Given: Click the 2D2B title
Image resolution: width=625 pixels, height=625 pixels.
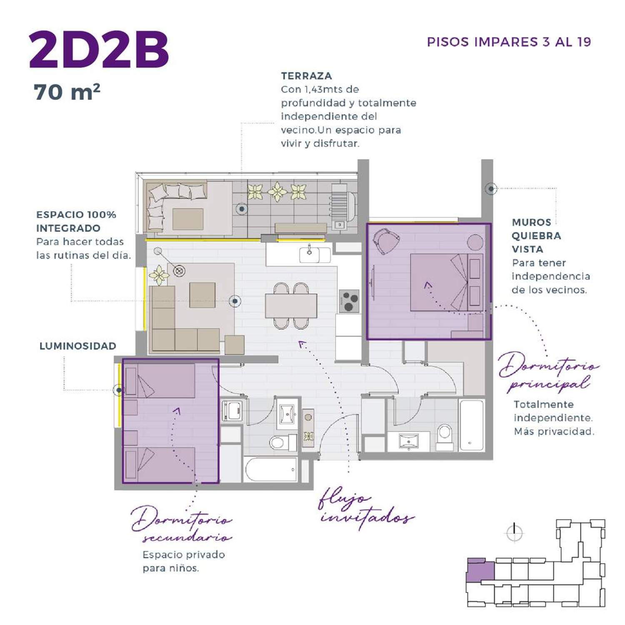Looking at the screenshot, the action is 99,50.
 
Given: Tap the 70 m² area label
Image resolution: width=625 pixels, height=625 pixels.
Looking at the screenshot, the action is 67,92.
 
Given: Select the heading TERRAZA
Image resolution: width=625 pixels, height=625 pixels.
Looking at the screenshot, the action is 306,76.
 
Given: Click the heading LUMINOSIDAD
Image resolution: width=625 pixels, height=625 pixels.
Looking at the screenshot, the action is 78,346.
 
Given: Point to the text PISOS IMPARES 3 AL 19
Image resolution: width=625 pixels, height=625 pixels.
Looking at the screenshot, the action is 509,42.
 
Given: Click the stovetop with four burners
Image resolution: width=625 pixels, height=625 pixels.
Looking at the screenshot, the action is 349,301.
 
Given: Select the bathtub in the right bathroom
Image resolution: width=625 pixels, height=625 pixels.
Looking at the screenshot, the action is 472,425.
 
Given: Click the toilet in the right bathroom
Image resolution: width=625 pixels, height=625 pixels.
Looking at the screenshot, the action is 445,436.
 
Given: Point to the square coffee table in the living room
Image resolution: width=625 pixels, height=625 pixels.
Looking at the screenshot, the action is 202,295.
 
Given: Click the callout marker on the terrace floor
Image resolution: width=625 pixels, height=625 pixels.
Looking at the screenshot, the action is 242,209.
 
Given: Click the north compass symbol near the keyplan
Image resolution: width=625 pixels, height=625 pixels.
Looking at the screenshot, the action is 515,532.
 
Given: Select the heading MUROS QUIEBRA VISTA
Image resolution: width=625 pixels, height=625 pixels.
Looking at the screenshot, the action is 537,236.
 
